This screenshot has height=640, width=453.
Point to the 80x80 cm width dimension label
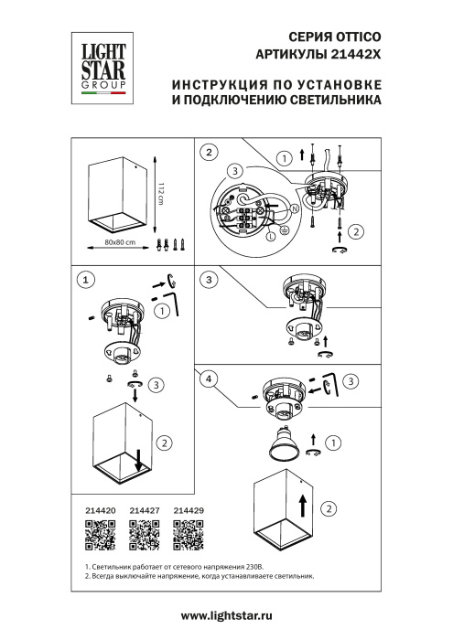tap(120, 242)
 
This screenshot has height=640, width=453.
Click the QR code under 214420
tap(100, 536)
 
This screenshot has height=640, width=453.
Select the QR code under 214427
tap(144, 536)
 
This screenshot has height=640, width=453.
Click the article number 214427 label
tap(144, 512)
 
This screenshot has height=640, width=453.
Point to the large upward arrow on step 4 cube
tap(301, 502)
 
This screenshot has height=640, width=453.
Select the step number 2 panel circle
tap(210, 152)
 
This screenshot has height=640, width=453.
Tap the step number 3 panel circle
tap(210, 279)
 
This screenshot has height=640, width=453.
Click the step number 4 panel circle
tap(210, 378)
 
